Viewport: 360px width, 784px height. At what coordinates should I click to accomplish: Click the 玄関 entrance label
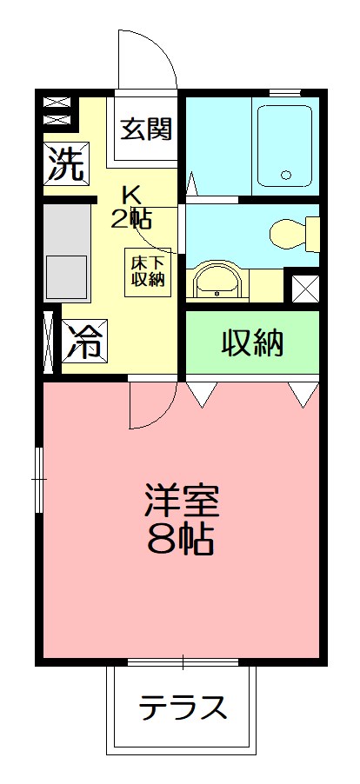[x=145, y=130]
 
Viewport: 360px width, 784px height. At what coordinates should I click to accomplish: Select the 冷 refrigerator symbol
[x=84, y=342]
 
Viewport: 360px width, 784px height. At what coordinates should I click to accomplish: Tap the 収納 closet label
[x=252, y=344]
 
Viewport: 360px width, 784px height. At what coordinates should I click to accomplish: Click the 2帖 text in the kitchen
[x=130, y=217]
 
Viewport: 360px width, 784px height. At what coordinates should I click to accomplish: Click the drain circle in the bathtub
[x=286, y=175]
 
